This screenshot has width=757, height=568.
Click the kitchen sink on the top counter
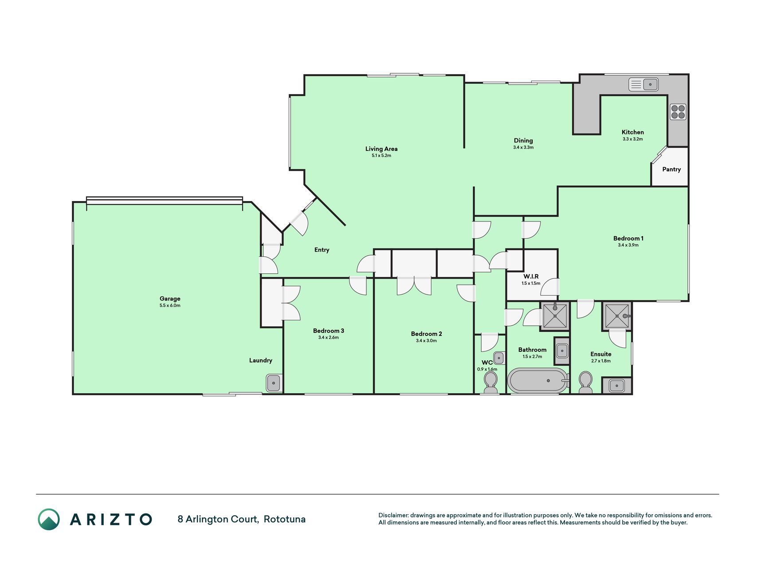point(643,84)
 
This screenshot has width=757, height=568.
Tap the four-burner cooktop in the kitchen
point(678,112)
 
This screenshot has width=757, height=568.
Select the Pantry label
point(671,169)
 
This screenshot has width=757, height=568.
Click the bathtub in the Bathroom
point(538,381)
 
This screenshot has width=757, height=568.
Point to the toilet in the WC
point(490,383)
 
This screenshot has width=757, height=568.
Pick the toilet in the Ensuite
point(585,383)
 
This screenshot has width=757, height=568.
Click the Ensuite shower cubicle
point(617,316)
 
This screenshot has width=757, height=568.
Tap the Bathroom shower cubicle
point(555,316)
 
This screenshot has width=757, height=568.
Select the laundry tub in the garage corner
point(274,383)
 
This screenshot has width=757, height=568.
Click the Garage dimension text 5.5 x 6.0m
point(170,305)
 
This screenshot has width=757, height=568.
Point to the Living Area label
point(381,149)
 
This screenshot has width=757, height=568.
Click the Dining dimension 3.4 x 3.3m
point(523,147)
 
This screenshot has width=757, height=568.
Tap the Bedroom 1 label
point(628,238)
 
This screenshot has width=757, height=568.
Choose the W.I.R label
point(531,276)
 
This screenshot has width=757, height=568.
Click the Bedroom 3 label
point(329,331)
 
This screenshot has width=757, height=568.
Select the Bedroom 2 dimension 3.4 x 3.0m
point(426,341)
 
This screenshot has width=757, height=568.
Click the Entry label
point(322,250)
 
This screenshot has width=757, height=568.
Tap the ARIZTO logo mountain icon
point(49,519)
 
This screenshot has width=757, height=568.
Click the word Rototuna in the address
point(285,519)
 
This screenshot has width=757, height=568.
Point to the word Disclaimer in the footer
point(393,515)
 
